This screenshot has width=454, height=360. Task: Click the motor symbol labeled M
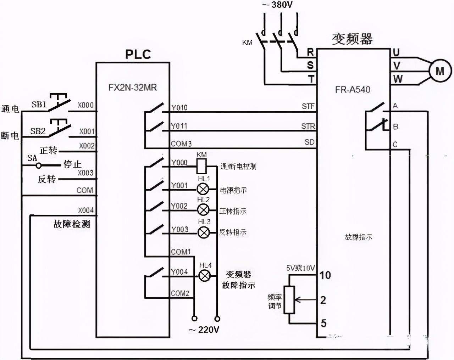point(440,71)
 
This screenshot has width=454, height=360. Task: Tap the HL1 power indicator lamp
point(203,189)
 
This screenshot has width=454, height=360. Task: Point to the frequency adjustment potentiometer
point(290,300)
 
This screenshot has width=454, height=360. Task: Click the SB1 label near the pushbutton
point(39,105)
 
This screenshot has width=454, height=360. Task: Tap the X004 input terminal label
point(86,210)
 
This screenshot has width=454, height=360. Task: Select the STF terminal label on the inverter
point(308,106)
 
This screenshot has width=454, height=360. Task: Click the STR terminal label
point(308,126)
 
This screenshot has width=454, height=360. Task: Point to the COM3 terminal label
point(181,144)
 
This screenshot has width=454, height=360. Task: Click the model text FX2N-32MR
point(132,88)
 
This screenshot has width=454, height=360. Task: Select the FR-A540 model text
point(352,90)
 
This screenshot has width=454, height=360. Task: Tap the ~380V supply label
point(277,5)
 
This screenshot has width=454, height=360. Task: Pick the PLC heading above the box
point(138,54)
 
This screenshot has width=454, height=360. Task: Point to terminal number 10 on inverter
point(325,275)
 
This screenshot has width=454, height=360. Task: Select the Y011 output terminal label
point(179,126)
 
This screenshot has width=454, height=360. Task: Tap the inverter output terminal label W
point(398,79)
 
